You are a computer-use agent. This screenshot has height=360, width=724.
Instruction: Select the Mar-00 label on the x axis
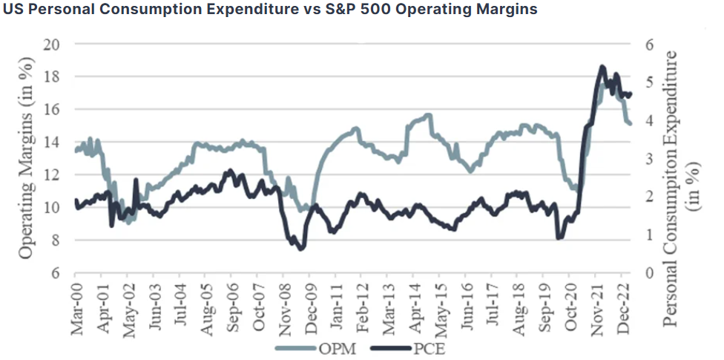pyautogui.click(x=76, y=308)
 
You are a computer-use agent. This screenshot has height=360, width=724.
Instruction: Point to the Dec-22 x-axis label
pyautogui.click(x=624, y=308)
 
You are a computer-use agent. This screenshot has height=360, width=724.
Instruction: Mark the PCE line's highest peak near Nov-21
pyautogui.click(x=602, y=66)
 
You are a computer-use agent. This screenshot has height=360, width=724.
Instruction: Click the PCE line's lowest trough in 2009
pyautogui.click(x=301, y=249)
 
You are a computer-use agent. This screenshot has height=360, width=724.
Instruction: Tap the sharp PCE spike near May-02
pyautogui.click(x=136, y=179)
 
